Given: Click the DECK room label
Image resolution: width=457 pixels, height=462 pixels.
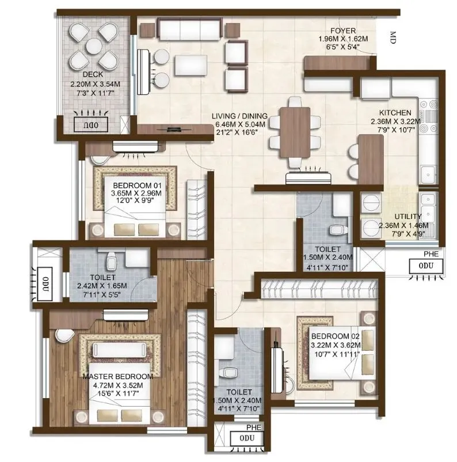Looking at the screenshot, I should click(x=92, y=74).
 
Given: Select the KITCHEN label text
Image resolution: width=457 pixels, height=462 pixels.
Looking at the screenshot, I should click(x=394, y=113).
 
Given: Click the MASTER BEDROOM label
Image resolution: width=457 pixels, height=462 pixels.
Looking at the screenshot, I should click(x=118, y=376).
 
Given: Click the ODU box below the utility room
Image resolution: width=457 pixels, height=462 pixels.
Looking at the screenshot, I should click(x=426, y=266).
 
